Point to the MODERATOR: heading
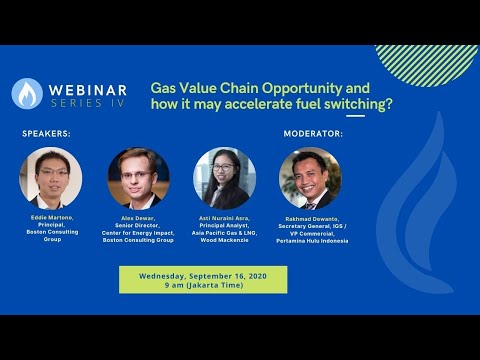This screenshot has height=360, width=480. point(313,133)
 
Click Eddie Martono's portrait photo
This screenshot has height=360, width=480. point(50,178)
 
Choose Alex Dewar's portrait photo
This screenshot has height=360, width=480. point(138,178)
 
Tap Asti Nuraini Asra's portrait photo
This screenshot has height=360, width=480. point(224,178)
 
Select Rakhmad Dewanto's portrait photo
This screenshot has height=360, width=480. point(310,178)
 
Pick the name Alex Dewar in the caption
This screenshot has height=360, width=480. point(138,217)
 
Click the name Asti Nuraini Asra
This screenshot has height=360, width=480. point(224,217)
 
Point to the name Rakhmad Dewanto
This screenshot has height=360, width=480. point(310,217)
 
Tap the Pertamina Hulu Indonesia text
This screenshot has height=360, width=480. point(310,240)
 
